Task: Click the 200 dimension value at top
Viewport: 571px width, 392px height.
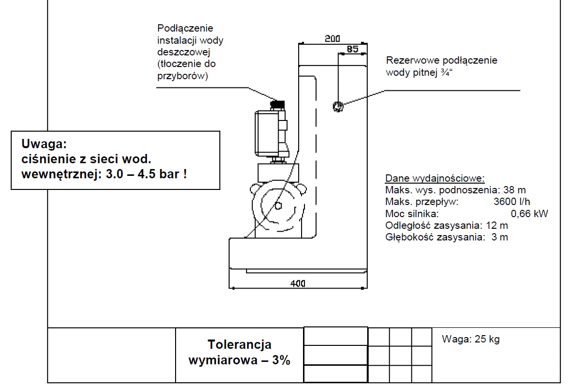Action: (332, 38)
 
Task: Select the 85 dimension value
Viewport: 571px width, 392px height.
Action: (352, 49)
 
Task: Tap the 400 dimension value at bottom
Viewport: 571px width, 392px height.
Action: (298, 283)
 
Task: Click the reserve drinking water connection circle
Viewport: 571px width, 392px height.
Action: (338, 106)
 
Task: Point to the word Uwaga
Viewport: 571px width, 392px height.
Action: (44, 144)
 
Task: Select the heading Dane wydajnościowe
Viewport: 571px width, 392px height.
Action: (435, 179)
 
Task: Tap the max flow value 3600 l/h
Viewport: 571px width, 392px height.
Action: (512, 202)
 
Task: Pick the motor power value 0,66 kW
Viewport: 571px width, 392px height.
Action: (529, 213)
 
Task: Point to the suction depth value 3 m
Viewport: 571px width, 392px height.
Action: (500, 237)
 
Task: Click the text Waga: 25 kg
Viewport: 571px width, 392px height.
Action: (470, 339)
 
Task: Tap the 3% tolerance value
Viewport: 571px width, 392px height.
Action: (281, 360)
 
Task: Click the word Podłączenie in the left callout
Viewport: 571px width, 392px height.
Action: (185, 28)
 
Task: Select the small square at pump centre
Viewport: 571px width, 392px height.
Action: (278, 206)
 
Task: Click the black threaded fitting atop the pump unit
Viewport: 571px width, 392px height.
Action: (278, 105)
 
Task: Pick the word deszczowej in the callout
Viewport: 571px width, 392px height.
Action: (183, 52)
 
